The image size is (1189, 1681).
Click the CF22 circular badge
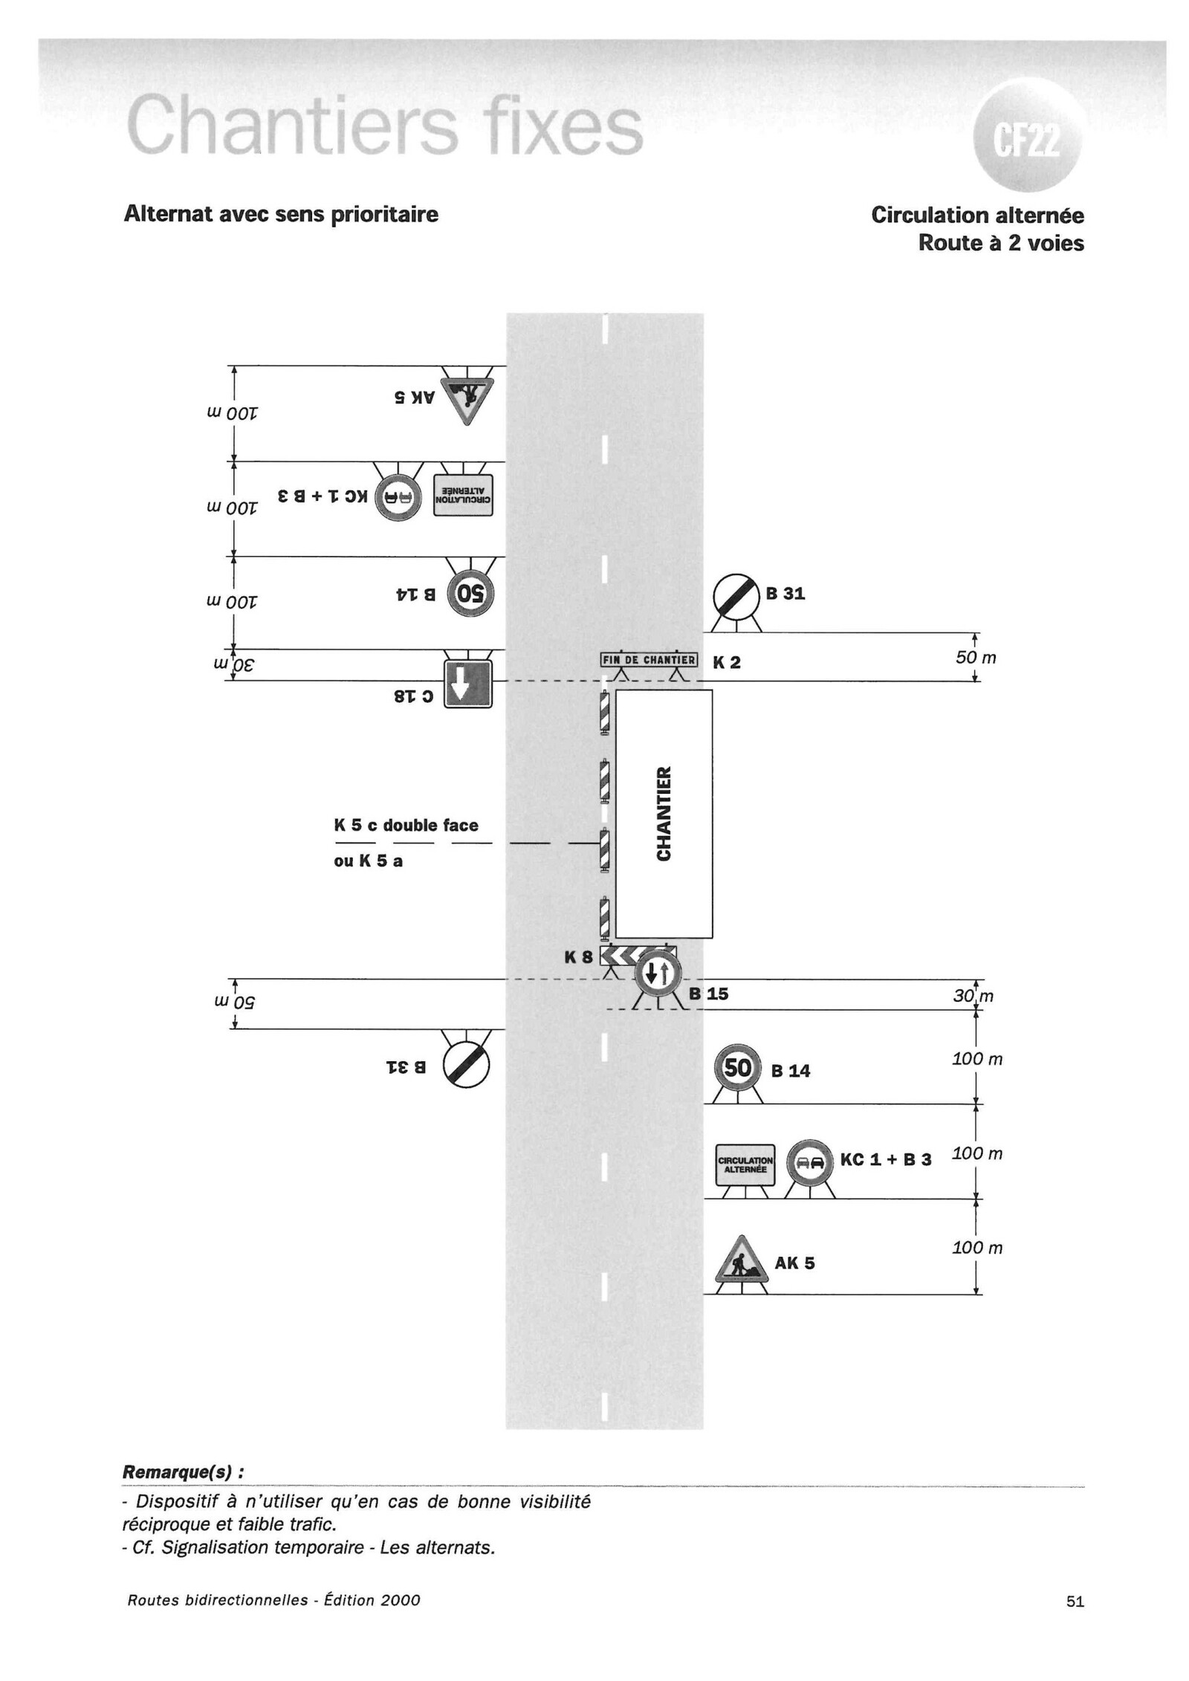point(1027,137)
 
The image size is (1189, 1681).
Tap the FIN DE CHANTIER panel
point(649,660)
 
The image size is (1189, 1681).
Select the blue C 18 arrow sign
point(467,684)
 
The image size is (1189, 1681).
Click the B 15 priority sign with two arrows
point(658,972)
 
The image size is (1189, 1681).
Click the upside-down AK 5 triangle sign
point(466,395)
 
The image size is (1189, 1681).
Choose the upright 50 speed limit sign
point(737,1069)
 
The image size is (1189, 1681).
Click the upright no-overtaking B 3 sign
point(809,1163)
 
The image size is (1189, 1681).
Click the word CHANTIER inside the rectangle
point(664,814)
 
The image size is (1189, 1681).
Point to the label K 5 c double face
point(406,825)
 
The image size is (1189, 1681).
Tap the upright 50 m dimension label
point(975,658)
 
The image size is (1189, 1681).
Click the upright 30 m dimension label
point(973,996)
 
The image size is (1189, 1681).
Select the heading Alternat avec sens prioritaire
point(281,215)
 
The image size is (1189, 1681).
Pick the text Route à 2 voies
point(1000,243)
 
